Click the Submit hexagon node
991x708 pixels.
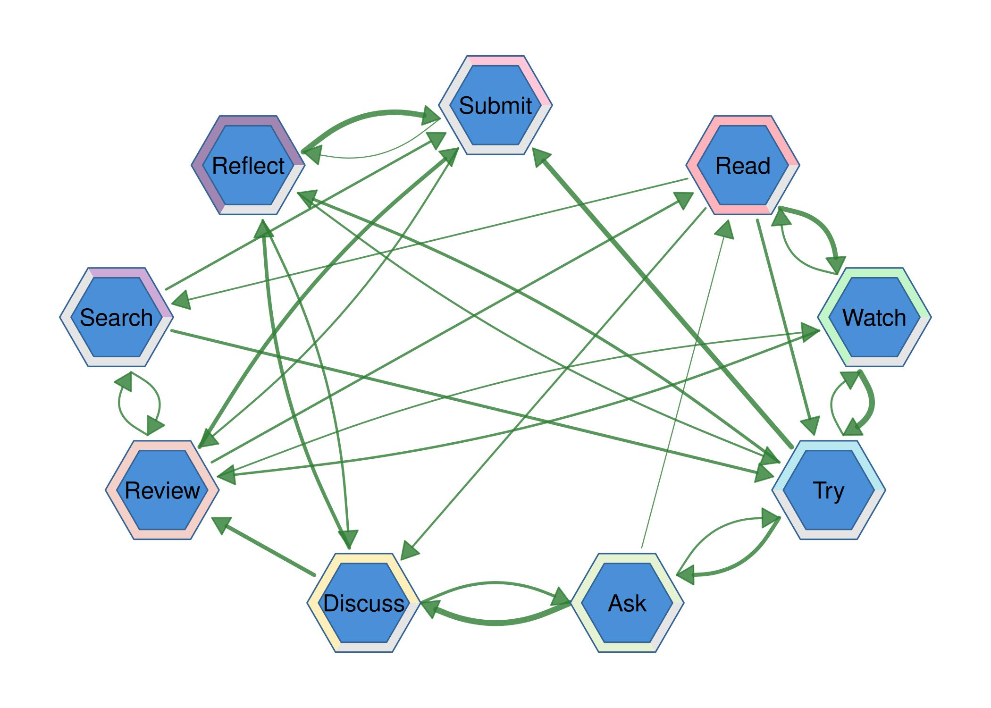(x=495, y=105)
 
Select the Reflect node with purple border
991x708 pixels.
(x=248, y=165)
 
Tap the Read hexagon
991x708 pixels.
(x=743, y=165)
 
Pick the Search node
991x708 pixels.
(x=116, y=317)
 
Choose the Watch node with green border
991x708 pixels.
(x=874, y=317)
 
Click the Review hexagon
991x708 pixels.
(x=162, y=490)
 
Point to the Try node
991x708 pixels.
(x=829, y=490)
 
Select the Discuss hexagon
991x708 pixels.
(x=364, y=603)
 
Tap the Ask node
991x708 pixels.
(x=627, y=603)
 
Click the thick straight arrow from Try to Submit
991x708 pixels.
(x=661, y=297)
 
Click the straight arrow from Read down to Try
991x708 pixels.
(x=783, y=321)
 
